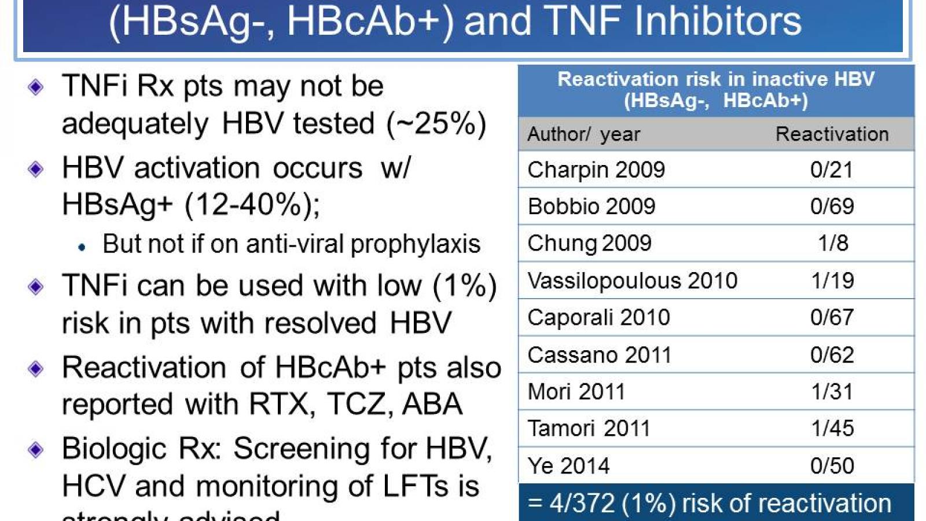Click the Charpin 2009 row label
[x=596, y=170]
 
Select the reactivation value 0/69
[x=832, y=206]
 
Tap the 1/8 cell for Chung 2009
[x=832, y=243]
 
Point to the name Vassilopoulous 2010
[x=632, y=281]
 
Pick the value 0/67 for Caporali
[x=832, y=317]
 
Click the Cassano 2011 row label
[x=599, y=355]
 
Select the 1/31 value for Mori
[x=832, y=392]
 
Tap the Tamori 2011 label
[x=589, y=428]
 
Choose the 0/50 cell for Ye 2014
[x=832, y=465]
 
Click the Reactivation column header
[x=832, y=134]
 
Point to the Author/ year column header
[x=583, y=134]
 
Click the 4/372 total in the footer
[x=582, y=503]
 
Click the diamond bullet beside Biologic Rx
[x=36, y=450]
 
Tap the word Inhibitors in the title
[x=718, y=21]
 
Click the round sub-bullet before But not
[x=82, y=247]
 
